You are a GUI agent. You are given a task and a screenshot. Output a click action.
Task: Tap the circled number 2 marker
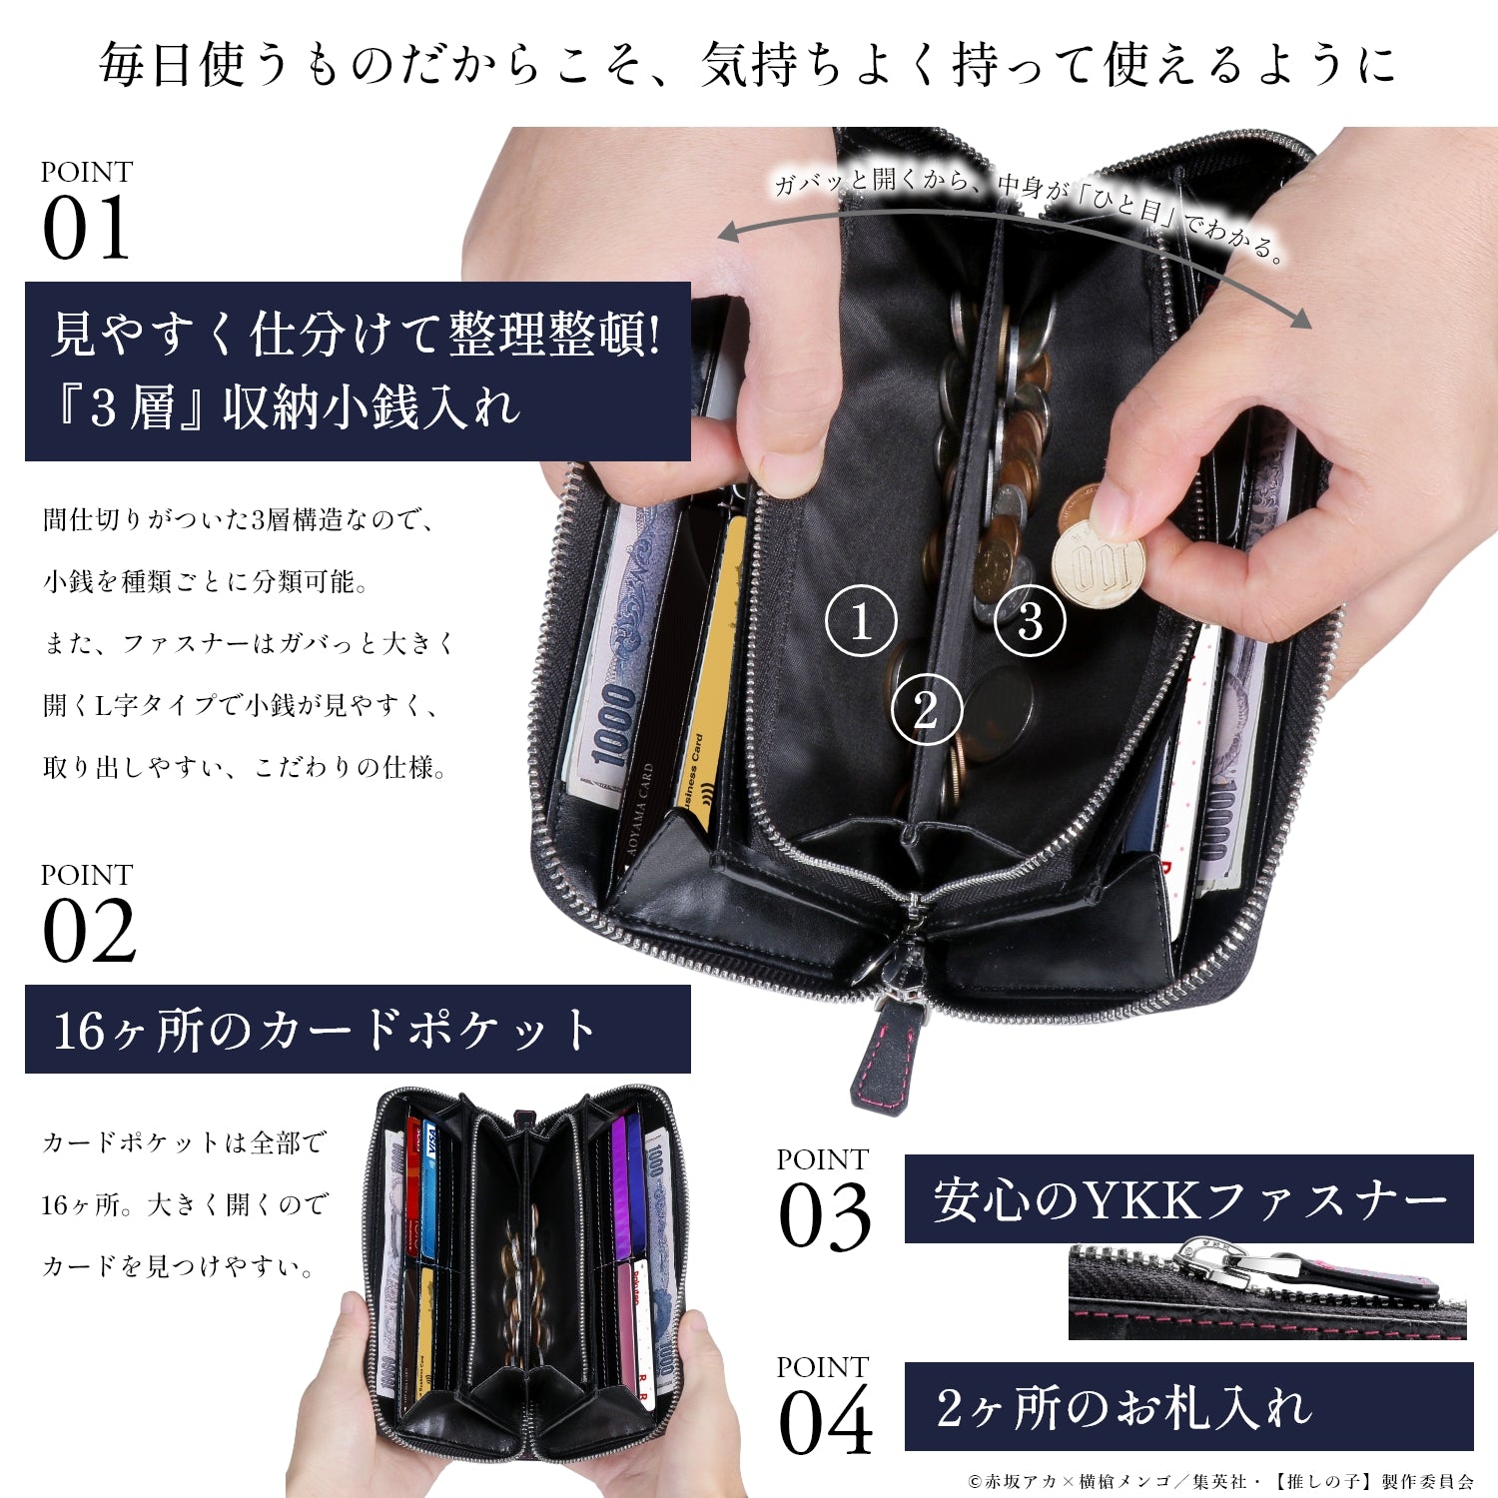coord(926,710)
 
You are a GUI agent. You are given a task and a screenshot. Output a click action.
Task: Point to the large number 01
coord(87,229)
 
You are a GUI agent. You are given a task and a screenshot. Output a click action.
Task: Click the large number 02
coord(89,931)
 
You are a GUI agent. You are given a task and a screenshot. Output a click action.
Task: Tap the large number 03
coord(825,1216)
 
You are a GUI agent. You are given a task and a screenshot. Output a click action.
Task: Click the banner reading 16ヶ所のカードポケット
coord(358,1030)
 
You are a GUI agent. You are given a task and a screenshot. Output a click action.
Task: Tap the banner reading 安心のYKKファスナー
coord(1188,1199)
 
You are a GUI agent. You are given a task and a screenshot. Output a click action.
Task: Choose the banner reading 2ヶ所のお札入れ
coord(1188,1406)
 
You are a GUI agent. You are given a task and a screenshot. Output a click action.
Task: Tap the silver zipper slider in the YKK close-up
coord(1223,1263)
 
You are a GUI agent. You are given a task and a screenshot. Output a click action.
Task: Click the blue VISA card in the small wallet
coord(429,1188)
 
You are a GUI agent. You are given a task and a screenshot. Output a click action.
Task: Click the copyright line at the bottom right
coord(1221,1481)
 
